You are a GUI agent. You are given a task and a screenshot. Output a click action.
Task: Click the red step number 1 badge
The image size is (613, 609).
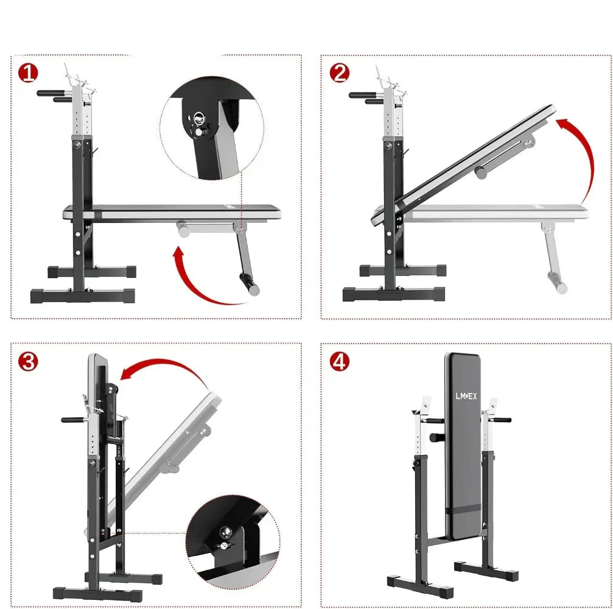coord(28,73)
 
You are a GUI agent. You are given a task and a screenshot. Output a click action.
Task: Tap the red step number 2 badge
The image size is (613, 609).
coord(339,73)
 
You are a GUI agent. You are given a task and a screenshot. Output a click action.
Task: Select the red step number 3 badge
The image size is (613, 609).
coord(28,361)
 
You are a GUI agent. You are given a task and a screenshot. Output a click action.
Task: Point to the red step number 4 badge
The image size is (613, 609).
coord(339,361)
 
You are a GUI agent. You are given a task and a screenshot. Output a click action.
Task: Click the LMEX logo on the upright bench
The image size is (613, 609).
coord(466,396)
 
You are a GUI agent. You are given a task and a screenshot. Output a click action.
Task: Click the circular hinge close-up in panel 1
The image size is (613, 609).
coord(212,128)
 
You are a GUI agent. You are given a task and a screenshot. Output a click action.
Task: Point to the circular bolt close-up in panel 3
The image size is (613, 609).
coord(233,541)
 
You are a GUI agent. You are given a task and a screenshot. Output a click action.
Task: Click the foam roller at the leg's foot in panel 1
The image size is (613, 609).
coord(250,284)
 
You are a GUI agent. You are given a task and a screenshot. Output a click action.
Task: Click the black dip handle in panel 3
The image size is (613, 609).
coord(75,420)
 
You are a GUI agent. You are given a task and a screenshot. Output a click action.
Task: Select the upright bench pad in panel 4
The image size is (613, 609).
coord(463,446)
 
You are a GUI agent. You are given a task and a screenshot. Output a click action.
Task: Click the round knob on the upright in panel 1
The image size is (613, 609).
coord(77,145)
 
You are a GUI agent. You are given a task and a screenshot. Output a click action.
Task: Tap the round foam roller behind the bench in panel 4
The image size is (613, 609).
coord(437,437)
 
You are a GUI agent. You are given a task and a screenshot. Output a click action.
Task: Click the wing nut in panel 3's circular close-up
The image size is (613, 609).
coord(224,546)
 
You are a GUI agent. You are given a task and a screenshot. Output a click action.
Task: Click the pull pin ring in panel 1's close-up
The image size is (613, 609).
coord(198,118)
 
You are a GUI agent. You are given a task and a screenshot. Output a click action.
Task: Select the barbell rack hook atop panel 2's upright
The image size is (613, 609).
coord(390,80)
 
